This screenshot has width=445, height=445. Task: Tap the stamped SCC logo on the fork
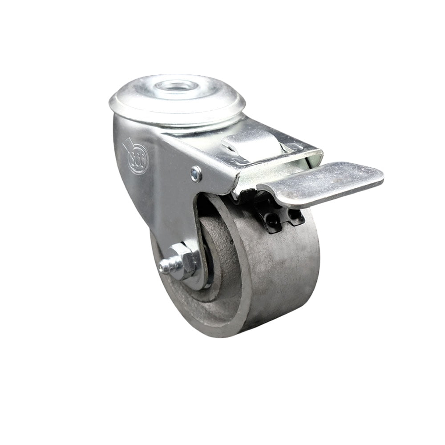click(x=137, y=158)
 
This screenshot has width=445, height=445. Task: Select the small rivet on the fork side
click(x=196, y=174)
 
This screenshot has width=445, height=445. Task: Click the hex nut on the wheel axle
click(x=184, y=261)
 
